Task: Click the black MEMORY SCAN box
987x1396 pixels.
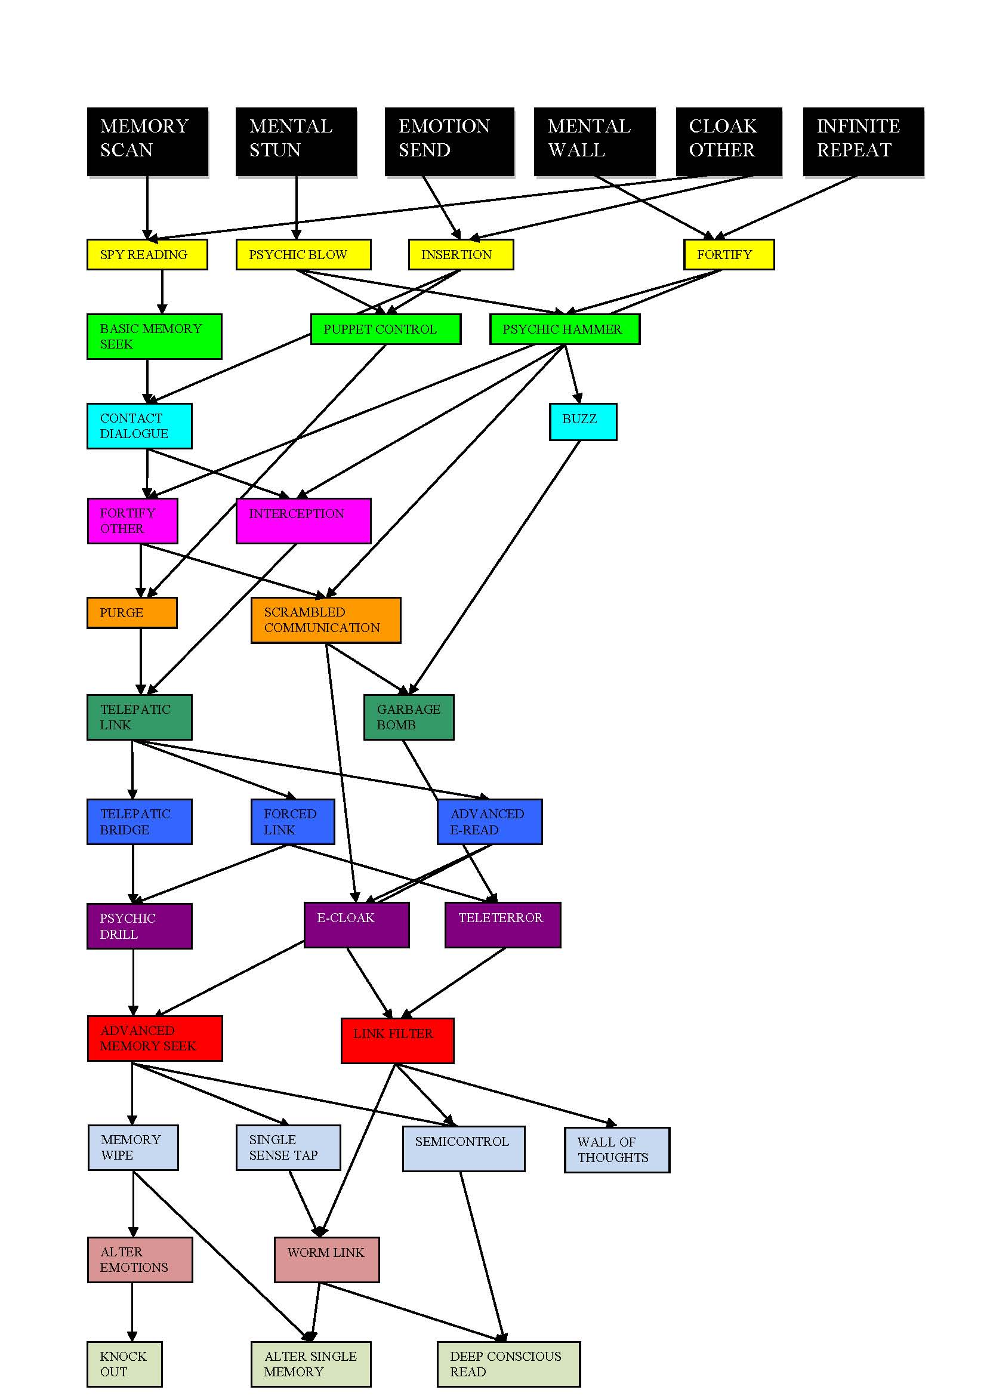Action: tap(147, 141)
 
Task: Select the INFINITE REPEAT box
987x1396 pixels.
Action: tap(863, 141)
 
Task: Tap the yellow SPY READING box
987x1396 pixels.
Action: tap(147, 254)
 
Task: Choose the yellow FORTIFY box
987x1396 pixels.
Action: tap(729, 254)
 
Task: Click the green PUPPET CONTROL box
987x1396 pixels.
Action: tap(385, 329)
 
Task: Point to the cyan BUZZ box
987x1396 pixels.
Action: tap(583, 421)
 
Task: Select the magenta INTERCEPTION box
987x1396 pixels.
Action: tap(303, 520)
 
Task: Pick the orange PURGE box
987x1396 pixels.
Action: tap(132, 612)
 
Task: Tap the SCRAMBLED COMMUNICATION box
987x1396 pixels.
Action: tap(326, 620)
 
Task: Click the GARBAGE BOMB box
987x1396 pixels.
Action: tap(408, 717)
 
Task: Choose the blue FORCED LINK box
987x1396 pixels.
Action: tap(292, 821)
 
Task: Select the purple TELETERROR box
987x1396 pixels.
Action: tap(502, 924)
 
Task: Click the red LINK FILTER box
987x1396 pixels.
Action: tap(397, 1040)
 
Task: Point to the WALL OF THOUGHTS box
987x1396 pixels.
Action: tap(617, 1150)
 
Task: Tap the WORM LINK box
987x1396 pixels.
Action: tap(326, 1260)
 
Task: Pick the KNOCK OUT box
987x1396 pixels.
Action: tap(124, 1364)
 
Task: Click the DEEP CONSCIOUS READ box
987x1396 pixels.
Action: tap(508, 1364)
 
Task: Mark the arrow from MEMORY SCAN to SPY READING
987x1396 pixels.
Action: tap(147, 207)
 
